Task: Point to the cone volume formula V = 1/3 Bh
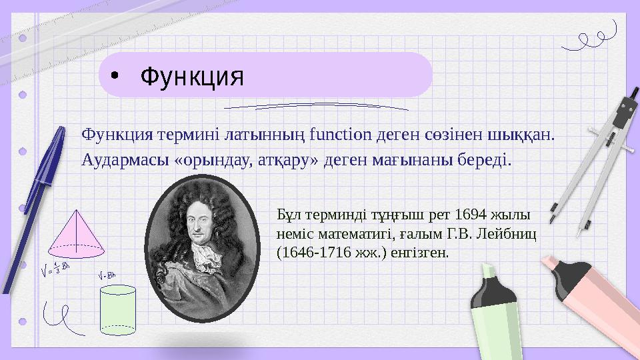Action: [55, 271]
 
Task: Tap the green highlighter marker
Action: [497, 313]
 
